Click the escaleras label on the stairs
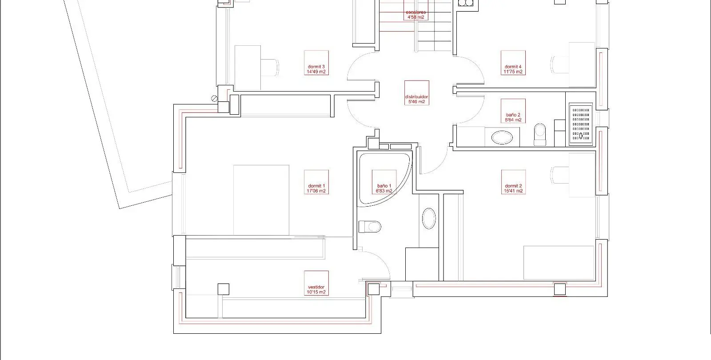click(416, 15)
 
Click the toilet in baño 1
click(370, 227)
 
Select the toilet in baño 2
click(540, 134)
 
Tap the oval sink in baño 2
click(502, 138)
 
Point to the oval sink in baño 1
click(429, 218)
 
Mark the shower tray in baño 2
click(580, 124)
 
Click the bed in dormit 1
click(261, 200)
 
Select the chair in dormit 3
click(269, 67)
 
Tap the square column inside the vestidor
click(224, 289)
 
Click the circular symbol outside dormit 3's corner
click(214, 99)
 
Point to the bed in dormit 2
click(559, 263)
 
